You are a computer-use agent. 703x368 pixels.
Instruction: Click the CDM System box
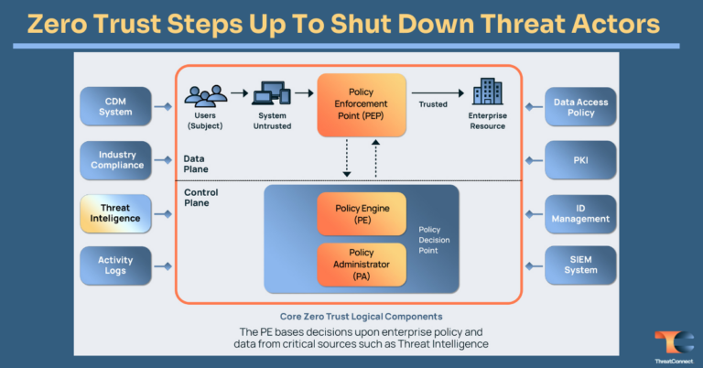[x=115, y=107]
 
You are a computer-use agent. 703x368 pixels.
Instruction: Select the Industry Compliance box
[x=115, y=160]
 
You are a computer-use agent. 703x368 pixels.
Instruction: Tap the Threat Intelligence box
[x=115, y=213]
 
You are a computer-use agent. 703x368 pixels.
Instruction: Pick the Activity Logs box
[x=115, y=265]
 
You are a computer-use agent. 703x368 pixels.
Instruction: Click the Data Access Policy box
[x=580, y=107]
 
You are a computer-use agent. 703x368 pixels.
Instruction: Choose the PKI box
[x=580, y=160]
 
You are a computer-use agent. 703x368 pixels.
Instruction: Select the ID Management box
[x=580, y=213]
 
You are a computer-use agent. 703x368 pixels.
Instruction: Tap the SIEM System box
[x=580, y=265]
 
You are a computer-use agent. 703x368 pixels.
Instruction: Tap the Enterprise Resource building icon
[x=487, y=92]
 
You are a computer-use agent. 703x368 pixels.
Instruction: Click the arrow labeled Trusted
[x=436, y=92]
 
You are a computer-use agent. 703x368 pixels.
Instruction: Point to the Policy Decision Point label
[x=434, y=240]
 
